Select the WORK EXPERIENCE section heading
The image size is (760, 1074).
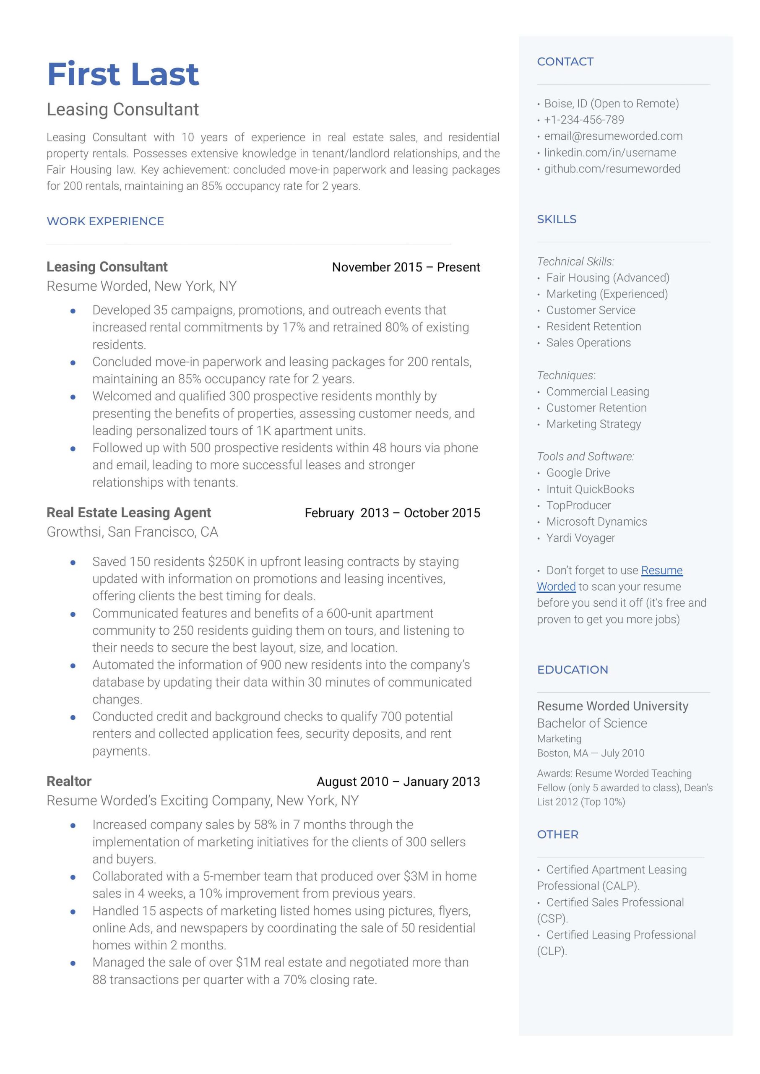pyautogui.click(x=105, y=222)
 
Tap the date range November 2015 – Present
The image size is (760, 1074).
pyautogui.click(x=406, y=267)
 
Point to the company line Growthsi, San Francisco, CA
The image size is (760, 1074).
pyautogui.click(x=132, y=532)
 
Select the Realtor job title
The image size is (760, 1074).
pyautogui.click(x=69, y=781)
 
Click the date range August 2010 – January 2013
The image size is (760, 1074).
pyautogui.click(x=398, y=782)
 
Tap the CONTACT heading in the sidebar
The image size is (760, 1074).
pyautogui.click(x=565, y=62)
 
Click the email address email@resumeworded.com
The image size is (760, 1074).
pyautogui.click(x=613, y=136)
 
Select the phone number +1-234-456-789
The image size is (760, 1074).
pyautogui.click(x=583, y=120)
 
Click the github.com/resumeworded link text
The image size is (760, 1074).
pyautogui.click(x=612, y=169)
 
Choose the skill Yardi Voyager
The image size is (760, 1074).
pyautogui.click(x=580, y=538)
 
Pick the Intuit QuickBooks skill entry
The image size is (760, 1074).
pyautogui.click(x=590, y=489)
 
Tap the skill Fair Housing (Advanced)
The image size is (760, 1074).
pyautogui.click(x=607, y=278)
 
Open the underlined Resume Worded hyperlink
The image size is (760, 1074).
pyautogui.click(x=661, y=571)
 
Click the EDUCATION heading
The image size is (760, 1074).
pyautogui.click(x=573, y=670)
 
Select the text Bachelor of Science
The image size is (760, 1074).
pyautogui.click(x=591, y=724)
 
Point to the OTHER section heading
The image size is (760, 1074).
pyautogui.click(x=557, y=834)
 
